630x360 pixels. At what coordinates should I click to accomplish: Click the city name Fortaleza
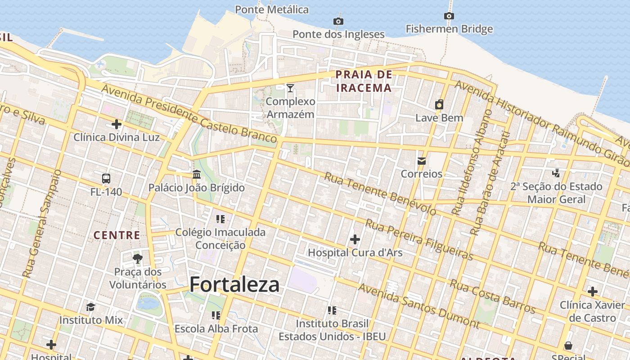tap(234, 284)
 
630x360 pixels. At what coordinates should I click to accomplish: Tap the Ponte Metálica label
tap(272, 9)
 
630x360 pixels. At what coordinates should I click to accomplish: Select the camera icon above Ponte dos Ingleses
tap(338, 21)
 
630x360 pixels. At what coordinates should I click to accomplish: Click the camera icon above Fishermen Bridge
tap(449, 16)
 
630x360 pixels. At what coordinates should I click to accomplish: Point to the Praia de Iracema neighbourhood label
tap(364, 81)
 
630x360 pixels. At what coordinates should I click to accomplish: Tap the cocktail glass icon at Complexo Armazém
tap(290, 88)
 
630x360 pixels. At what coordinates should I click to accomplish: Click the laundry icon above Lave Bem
tap(439, 105)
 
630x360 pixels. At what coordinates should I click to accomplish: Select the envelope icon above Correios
tap(422, 161)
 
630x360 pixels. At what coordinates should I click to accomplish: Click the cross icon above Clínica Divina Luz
tap(117, 124)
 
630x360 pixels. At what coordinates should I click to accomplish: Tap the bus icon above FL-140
tap(106, 179)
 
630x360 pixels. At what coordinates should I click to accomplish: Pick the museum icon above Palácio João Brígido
tap(197, 174)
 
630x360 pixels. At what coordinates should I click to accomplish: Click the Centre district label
tap(117, 235)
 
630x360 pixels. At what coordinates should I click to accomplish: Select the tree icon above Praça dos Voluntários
tap(138, 258)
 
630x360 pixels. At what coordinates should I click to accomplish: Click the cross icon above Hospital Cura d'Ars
tap(355, 239)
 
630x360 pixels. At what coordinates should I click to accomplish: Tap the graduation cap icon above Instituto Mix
tap(91, 307)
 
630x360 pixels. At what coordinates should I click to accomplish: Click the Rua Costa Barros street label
tap(492, 297)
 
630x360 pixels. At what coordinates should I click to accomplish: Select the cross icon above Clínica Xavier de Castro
tap(593, 292)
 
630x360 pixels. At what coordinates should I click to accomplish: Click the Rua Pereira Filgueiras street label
tap(419, 239)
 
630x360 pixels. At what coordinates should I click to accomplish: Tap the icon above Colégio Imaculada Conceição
tap(220, 219)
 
